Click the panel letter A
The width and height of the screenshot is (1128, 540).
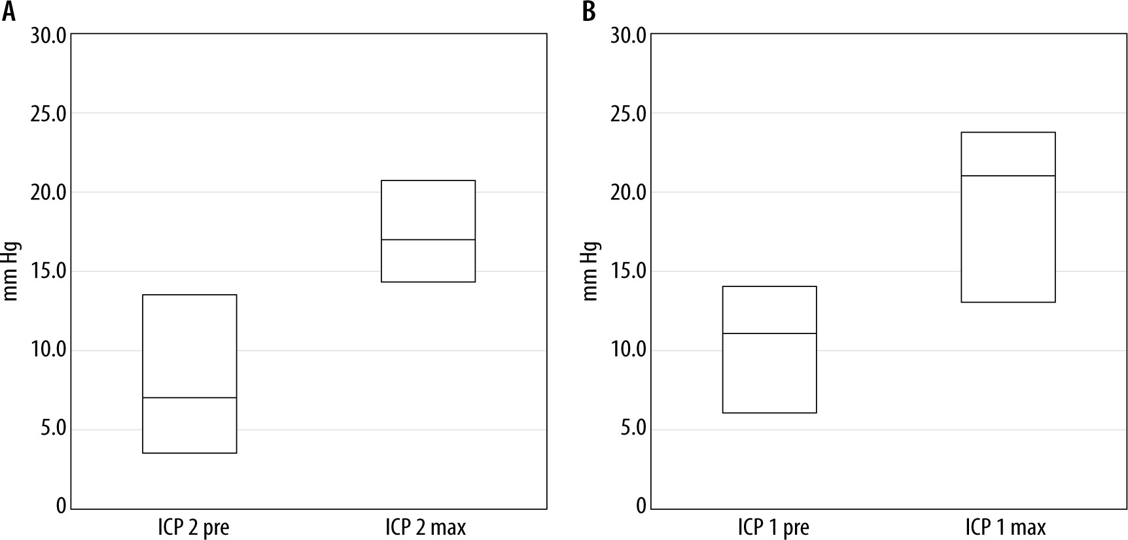pyautogui.click(x=9, y=11)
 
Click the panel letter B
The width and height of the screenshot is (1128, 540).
pyautogui.click(x=589, y=11)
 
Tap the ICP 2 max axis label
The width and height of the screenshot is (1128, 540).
pyautogui.click(x=426, y=527)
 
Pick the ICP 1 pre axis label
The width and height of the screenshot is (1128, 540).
pyautogui.click(x=773, y=527)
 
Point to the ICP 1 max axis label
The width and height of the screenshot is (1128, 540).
pyautogui.click(x=1006, y=527)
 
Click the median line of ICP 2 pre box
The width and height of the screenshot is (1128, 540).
pyautogui.click(x=190, y=397)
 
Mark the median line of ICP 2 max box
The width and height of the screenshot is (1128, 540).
pyautogui.click(x=428, y=240)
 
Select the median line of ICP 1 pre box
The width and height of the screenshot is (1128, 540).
pyautogui.click(x=769, y=333)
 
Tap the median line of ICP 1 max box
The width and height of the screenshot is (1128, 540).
pyautogui.click(x=1008, y=176)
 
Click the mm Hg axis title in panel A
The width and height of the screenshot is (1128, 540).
pyautogui.click(x=12, y=271)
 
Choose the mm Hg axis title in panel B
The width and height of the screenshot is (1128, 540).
pyautogui.click(x=591, y=271)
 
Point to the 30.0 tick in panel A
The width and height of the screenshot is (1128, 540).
pyautogui.click(x=48, y=35)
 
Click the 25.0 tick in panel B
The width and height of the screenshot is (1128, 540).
pyautogui.click(x=627, y=114)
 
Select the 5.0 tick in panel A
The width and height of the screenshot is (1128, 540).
pyautogui.click(x=52, y=430)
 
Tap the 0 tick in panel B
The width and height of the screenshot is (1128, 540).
pyautogui.click(x=641, y=506)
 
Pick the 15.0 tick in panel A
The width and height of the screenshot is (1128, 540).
pyautogui.click(x=48, y=271)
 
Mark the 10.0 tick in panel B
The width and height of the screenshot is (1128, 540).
pyautogui.click(x=627, y=350)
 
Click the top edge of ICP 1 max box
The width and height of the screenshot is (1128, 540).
pyautogui.click(x=1008, y=133)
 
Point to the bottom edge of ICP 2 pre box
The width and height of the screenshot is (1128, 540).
pyautogui.click(x=190, y=452)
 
